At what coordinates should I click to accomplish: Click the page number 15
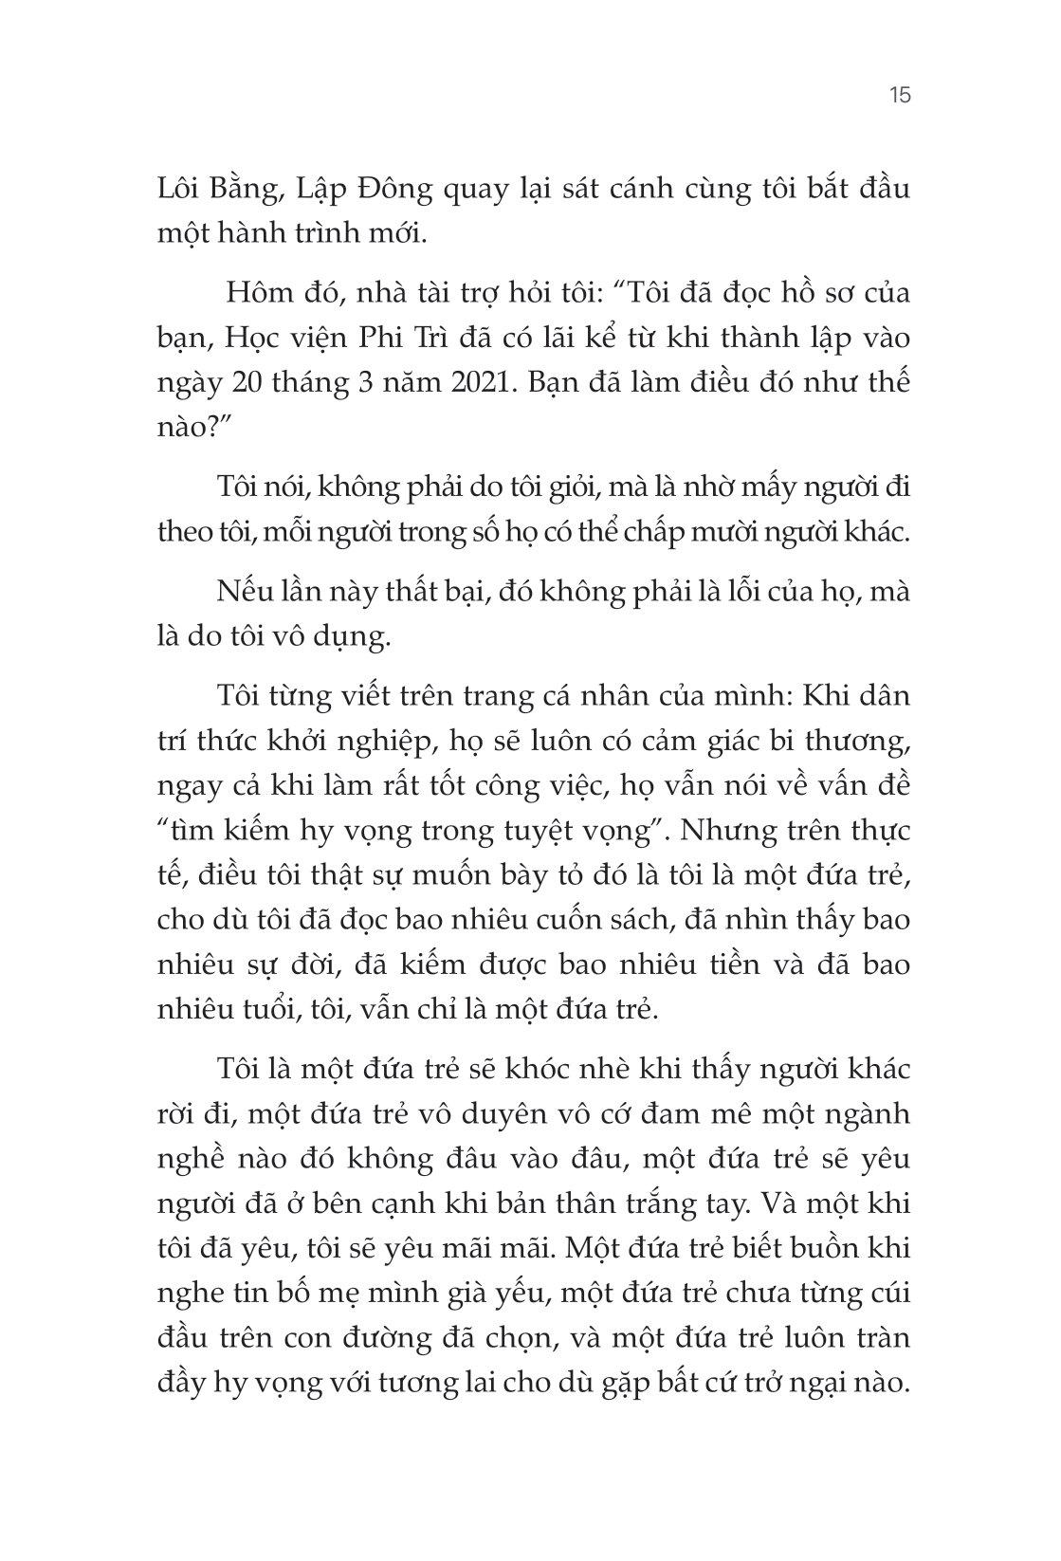(900, 96)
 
